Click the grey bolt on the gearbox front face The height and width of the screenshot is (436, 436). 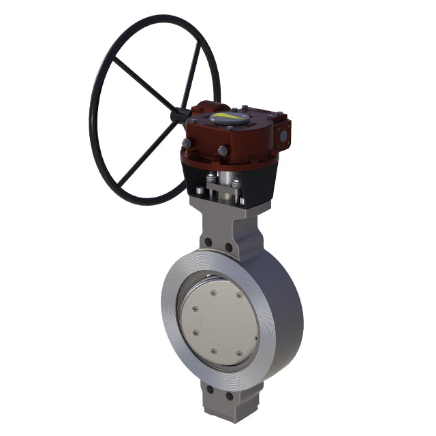(222, 151)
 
